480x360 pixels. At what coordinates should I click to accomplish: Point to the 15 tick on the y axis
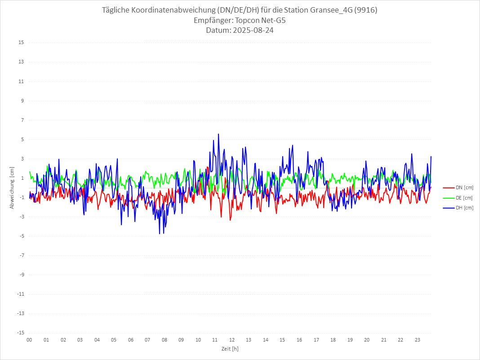pos(21,43)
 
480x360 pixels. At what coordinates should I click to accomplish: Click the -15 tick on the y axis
pos(20,333)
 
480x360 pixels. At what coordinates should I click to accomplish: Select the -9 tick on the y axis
pos(21,275)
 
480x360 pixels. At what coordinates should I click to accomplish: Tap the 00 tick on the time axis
pos(29,340)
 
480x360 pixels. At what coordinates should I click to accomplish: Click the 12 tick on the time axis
pos(232,340)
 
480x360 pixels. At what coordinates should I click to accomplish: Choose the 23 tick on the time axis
pos(418,340)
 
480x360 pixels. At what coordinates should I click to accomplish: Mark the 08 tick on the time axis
pos(164,340)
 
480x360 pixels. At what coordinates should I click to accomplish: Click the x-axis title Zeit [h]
pos(230,349)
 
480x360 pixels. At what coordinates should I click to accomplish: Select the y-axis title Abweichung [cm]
pos(12,188)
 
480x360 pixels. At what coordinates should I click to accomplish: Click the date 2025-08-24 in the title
pos(251,31)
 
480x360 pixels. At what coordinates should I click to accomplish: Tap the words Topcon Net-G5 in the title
pos(260,21)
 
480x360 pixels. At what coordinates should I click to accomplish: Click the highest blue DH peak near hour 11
pos(218,134)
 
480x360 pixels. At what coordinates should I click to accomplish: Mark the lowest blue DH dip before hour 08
pos(160,233)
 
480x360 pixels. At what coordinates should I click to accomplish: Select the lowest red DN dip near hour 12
pos(230,220)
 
